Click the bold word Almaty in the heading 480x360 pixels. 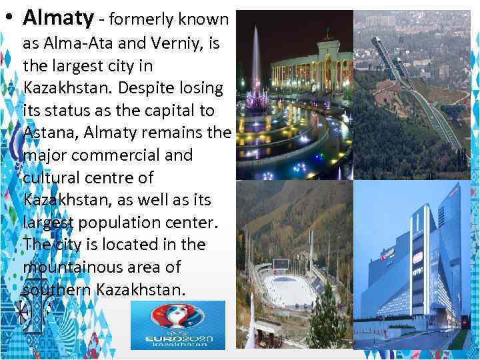pyautogui.click(x=58, y=19)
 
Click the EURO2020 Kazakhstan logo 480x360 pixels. pyautogui.click(x=178, y=325)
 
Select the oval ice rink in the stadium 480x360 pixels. pyautogui.click(x=288, y=288)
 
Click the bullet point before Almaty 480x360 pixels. pyautogui.click(x=7, y=19)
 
